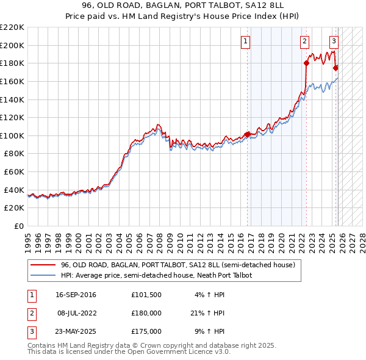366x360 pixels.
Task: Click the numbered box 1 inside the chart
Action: (245, 41)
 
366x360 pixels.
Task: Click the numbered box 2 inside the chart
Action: (304, 41)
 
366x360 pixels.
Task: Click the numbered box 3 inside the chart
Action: (334, 41)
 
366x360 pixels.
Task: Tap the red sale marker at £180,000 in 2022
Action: (306, 62)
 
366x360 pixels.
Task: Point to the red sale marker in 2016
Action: (247, 134)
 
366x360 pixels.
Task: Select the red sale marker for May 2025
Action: (336, 67)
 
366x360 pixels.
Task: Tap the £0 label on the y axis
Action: (19, 226)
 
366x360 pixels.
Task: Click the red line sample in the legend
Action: (43, 265)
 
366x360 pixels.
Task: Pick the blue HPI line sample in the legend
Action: (43, 275)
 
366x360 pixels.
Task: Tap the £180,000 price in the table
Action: (146, 313)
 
